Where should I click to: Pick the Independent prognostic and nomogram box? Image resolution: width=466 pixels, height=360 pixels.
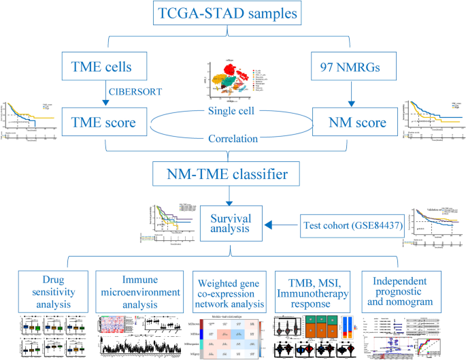click(403, 291)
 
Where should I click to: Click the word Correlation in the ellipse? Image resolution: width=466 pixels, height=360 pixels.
click(233, 139)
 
